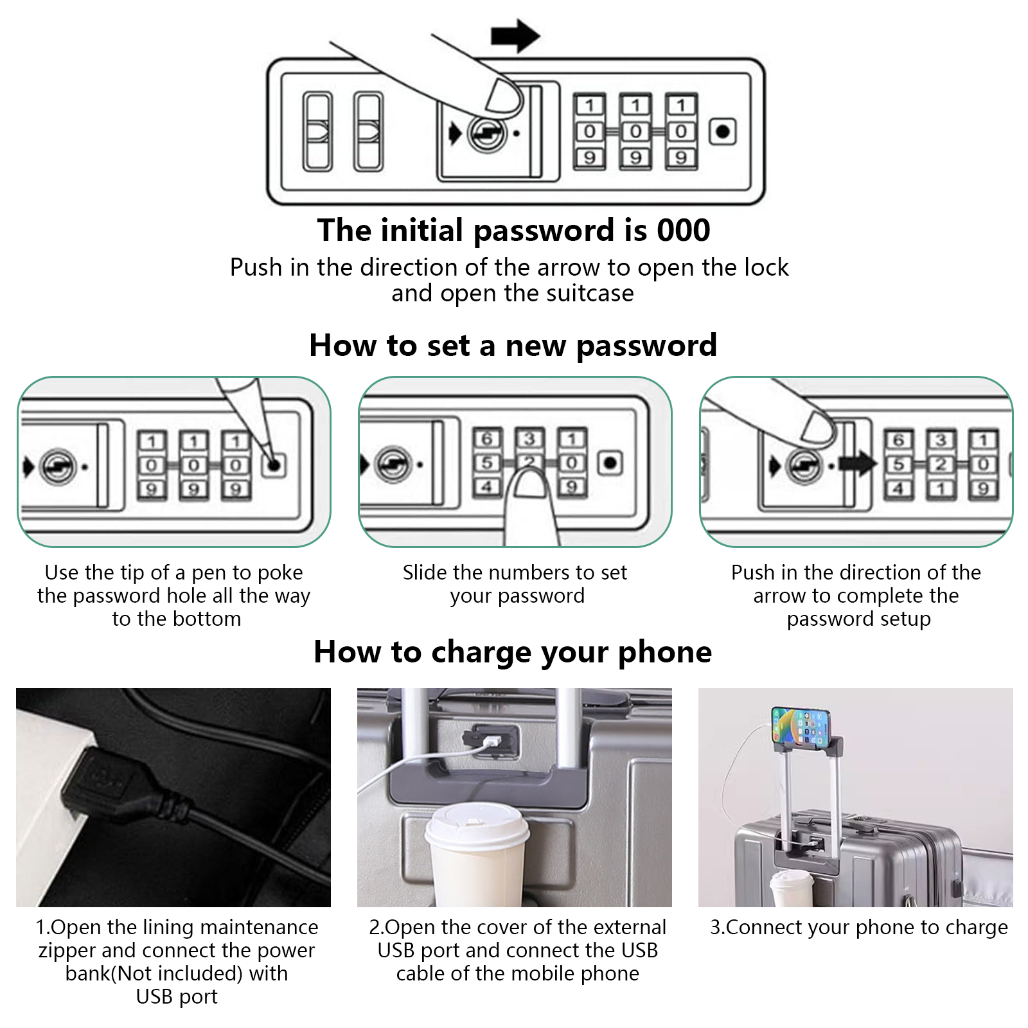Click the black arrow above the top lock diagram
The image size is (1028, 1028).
(515, 35)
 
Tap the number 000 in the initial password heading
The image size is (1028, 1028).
(683, 230)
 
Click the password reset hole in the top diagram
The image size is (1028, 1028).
(723, 132)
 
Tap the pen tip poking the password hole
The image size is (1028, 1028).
(272, 461)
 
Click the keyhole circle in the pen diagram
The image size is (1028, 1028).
(58, 466)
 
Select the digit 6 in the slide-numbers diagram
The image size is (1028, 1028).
(486, 439)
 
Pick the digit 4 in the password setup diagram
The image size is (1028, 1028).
(898, 489)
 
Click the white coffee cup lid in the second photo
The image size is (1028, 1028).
(476, 829)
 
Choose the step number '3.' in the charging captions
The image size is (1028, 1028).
(717, 927)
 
